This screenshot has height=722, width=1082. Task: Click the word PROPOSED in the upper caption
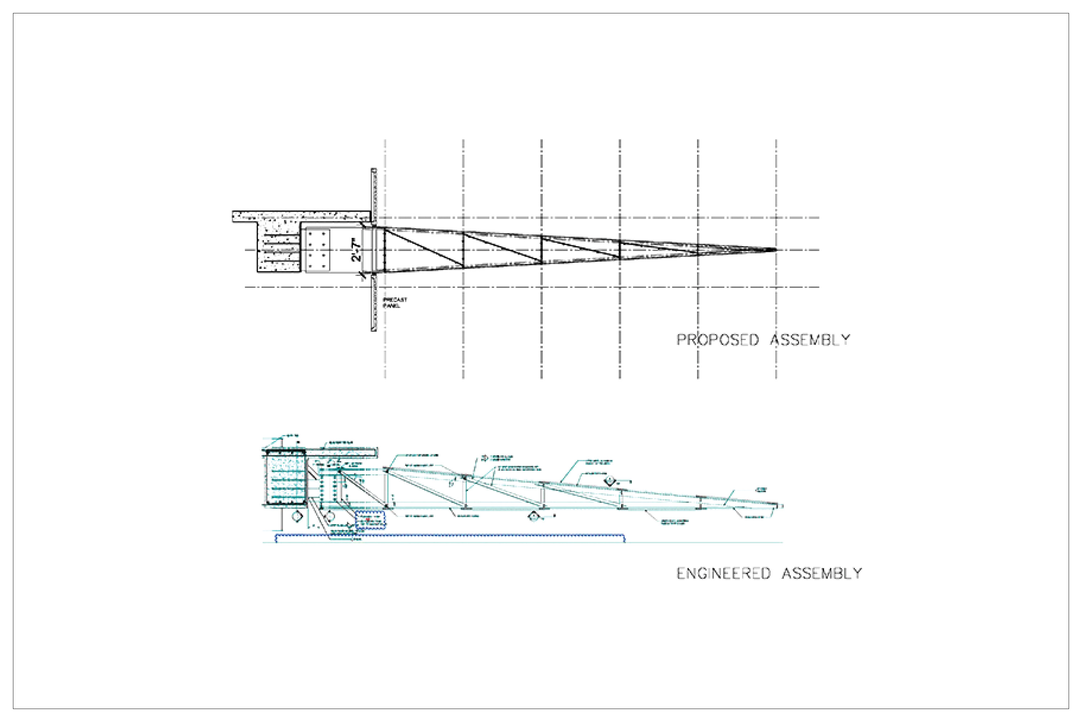click(x=717, y=340)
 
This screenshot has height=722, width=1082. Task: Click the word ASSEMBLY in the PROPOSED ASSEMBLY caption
click(x=810, y=340)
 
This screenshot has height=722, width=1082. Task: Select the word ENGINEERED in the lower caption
click(x=723, y=573)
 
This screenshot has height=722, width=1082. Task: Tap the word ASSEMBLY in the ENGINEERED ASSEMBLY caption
click(x=822, y=573)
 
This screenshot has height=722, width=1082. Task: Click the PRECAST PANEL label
click(x=395, y=303)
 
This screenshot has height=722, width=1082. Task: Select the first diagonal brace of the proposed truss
click(x=423, y=247)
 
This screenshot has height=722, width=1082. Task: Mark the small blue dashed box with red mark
click(x=370, y=520)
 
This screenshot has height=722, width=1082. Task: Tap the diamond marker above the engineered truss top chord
click(x=610, y=481)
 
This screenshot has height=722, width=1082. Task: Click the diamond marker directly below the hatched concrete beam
click(x=297, y=516)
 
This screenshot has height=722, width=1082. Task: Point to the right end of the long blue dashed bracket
click(x=624, y=538)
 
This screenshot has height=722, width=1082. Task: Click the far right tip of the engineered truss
click(x=781, y=506)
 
